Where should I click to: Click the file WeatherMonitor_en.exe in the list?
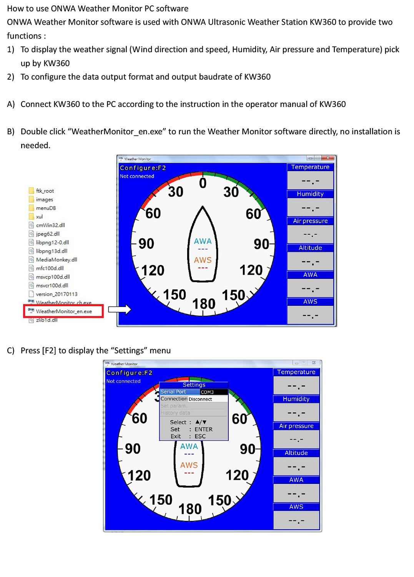click(64, 311)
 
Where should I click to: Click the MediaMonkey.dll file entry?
click(56, 260)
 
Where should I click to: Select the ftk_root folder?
click(45, 191)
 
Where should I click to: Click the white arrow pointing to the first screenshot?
click(120, 309)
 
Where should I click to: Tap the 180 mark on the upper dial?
click(204, 304)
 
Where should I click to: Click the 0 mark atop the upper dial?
click(203, 183)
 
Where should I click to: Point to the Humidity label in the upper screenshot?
click(310, 194)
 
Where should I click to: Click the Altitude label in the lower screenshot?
click(296, 453)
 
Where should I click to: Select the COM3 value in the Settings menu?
click(207, 392)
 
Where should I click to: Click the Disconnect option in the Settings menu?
click(200, 399)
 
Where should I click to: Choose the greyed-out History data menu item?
click(175, 413)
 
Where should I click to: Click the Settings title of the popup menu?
click(194, 385)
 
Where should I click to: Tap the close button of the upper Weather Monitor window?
click(328, 158)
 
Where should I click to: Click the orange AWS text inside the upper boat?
click(203, 260)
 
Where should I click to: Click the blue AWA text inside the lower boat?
click(189, 446)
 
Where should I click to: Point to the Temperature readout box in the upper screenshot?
click(310, 180)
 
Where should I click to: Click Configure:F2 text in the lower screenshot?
click(129, 373)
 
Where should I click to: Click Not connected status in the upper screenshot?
click(137, 176)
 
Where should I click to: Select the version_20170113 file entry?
click(57, 294)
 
